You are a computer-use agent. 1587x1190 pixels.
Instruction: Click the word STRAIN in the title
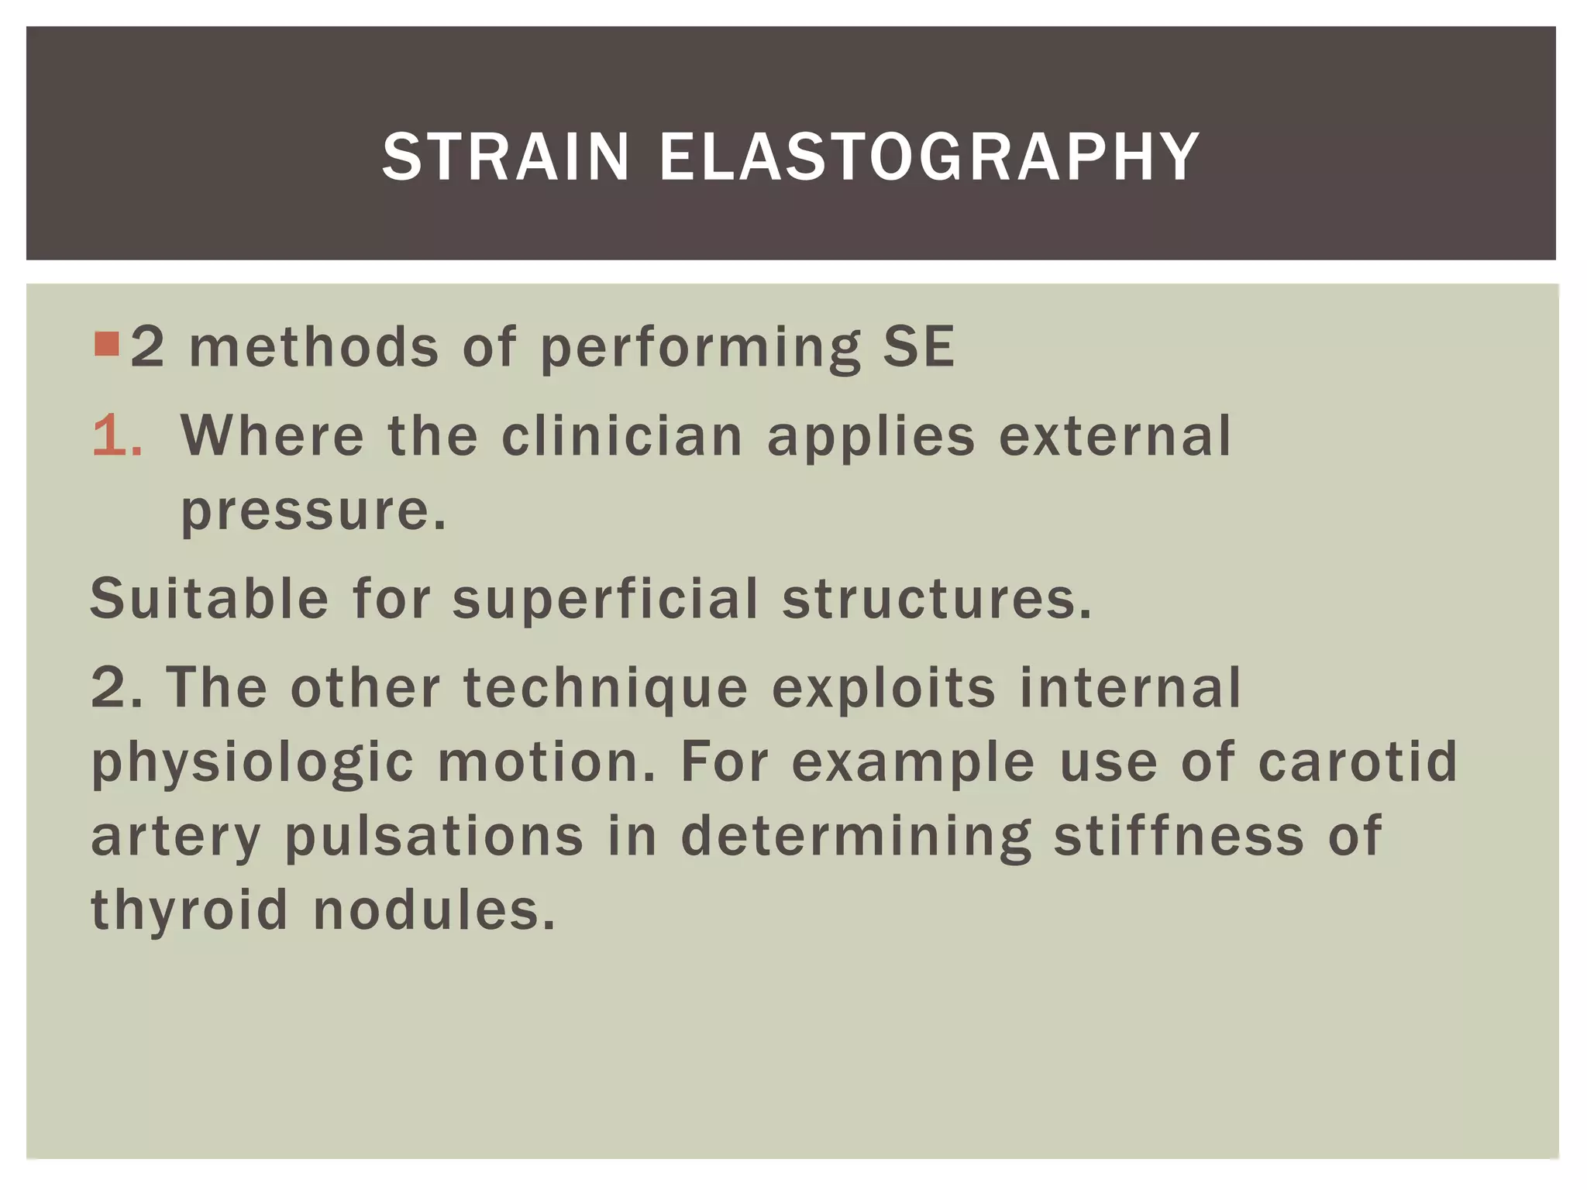click(505, 157)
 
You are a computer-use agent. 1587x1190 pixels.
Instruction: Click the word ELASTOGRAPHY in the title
click(929, 157)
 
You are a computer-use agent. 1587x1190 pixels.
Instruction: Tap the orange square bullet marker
click(106, 343)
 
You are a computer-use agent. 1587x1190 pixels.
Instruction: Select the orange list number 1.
click(116, 435)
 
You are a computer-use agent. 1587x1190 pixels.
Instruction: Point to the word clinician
click(622, 435)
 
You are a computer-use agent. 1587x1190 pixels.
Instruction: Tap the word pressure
click(313, 511)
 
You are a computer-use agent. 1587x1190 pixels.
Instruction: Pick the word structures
click(936, 599)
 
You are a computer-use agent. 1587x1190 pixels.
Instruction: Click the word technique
click(605, 688)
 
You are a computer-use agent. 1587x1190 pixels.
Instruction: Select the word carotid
click(1358, 762)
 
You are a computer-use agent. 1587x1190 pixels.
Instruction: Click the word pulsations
click(434, 836)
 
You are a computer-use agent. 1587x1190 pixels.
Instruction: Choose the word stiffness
click(1179, 836)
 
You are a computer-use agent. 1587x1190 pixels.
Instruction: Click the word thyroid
click(189, 910)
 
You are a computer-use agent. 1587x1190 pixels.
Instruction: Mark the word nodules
click(434, 910)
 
